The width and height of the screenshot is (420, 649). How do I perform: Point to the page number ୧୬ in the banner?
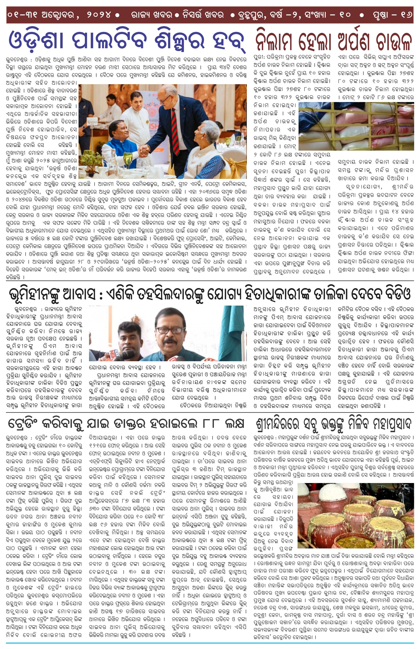[406, 15]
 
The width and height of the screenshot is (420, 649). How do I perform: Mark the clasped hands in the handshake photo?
[144, 151]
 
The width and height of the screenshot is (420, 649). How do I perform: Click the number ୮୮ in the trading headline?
[211, 423]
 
